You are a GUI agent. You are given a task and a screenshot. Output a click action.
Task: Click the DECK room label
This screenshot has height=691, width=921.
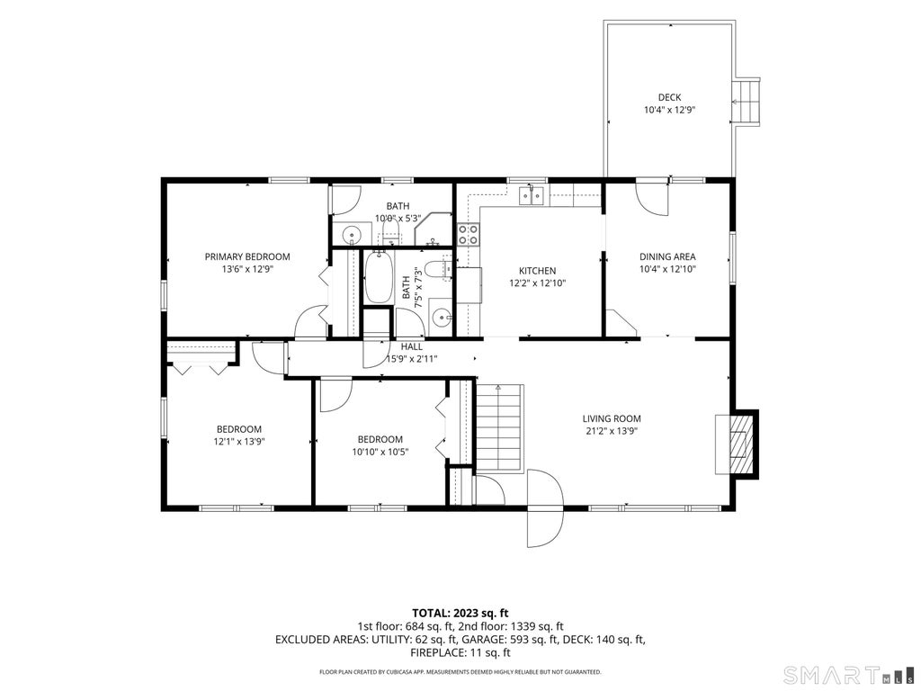coord(669,97)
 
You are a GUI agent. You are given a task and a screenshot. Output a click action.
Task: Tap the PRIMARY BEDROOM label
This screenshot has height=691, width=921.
coord(247,256)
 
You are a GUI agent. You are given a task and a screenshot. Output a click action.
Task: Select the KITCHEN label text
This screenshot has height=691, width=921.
coord(537,271)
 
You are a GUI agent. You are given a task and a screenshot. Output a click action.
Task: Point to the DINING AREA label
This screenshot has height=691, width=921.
coord(667,256)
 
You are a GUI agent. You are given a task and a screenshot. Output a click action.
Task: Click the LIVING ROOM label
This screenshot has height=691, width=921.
coord(612,419)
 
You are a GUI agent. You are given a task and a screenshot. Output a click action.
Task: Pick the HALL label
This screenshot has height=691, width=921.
coord(412,347)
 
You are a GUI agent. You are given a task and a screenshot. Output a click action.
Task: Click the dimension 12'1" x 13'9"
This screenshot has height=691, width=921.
coord(239,441)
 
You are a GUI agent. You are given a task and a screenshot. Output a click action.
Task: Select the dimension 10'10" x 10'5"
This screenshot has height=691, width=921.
coord(380,452)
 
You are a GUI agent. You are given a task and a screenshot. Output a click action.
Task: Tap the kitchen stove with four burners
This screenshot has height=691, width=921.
coord(469,235)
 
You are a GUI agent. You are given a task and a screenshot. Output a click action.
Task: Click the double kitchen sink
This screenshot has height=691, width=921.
coord(532,195)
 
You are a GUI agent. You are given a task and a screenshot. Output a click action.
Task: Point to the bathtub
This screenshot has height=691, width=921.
coord(378,277)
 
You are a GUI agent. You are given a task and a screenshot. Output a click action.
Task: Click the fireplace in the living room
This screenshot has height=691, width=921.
coord(737,444)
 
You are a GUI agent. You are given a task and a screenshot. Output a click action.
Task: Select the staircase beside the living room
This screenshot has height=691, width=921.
coord(498,428)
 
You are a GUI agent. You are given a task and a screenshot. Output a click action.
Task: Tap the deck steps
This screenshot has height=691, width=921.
coord(747,102)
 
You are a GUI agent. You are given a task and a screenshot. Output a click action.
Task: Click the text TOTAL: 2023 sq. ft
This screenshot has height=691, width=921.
coord(460,614)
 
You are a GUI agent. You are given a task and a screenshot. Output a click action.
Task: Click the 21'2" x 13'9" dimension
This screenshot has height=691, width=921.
coord(612,431)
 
